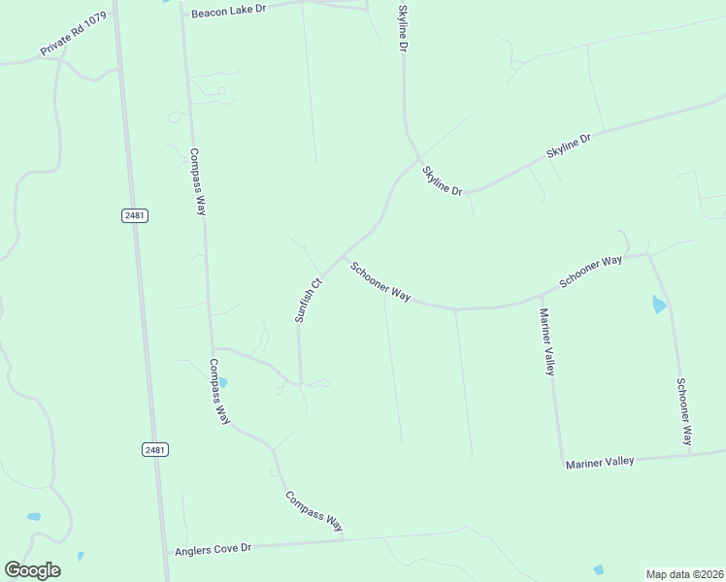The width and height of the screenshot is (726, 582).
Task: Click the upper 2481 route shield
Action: tap(136, 215)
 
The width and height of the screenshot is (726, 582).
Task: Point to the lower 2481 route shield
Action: tap(154, 449)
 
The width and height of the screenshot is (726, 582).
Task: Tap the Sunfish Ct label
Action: tap(308, 301)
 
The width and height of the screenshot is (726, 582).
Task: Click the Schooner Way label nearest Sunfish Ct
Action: tap(380, 281)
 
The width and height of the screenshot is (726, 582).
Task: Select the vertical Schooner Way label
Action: tap(685, 409)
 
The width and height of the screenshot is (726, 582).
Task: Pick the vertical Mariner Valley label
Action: tap(549, 341)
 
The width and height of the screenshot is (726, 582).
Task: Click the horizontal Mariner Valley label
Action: tap(600, 463)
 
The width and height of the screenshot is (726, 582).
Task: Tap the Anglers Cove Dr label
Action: tap(213, 549)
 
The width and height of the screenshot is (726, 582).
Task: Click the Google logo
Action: tap(32, 570)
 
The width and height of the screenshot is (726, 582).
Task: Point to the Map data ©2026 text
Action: tap(683, 574)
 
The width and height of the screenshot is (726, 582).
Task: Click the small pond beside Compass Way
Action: tap(222, 382)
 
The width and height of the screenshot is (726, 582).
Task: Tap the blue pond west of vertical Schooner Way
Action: tap(660, 306)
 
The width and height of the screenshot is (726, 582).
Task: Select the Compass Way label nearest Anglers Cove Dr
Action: tap(313, 511)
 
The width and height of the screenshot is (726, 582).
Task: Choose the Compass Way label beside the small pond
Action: tap(219, 392)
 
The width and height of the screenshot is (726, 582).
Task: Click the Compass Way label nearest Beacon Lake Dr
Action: tap(197, 181)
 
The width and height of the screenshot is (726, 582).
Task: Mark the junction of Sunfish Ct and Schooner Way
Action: tap(342, 257)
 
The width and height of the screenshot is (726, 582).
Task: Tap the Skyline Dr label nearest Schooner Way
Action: tap(442, 180)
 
